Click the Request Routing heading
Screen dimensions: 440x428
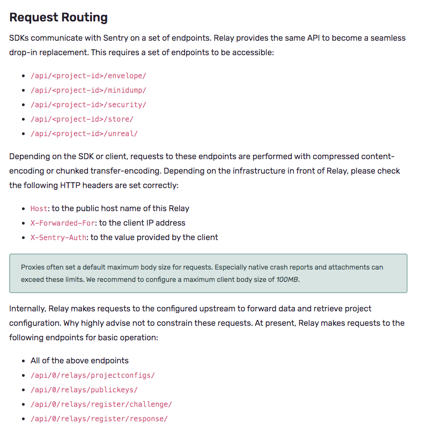[58, 17]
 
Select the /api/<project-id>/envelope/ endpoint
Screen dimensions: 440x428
[88, 76]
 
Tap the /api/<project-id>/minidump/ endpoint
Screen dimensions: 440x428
[88, 90]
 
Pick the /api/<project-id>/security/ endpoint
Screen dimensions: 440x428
[88, 105]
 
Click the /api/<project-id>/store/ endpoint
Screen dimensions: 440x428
[82, 119]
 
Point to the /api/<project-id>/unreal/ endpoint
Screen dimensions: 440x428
[84, 133]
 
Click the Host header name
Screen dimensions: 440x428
[39, 208]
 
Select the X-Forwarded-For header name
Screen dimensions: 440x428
[63, 223]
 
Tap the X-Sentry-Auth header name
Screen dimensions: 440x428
[58, 237]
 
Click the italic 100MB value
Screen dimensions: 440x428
[287, 279]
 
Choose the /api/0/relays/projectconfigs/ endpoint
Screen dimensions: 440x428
[92, 375]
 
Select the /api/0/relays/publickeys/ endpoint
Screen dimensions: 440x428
[84, 390]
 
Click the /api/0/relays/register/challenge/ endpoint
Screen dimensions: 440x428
[101, 404]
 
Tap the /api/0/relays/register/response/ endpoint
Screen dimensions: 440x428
[99, 419]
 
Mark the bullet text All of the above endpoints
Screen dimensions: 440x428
[79, 361]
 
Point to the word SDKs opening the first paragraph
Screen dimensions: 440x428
[20, 39]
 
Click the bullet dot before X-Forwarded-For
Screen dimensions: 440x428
[24, 223]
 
